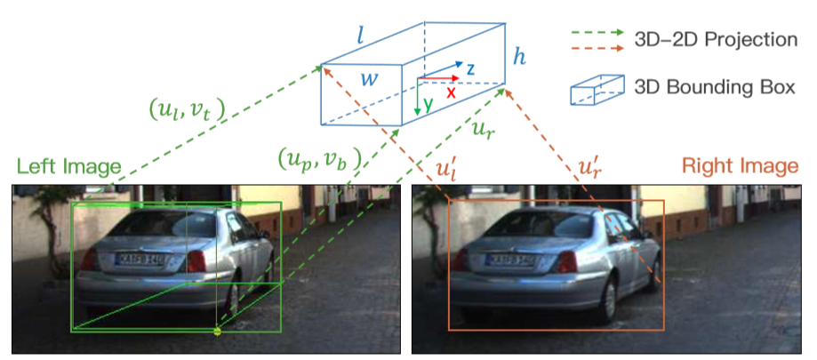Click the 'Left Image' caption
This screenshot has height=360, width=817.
pyautogui.click(x=69, y=165)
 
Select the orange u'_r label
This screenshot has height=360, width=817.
pyautogui.click(x=589, y=166)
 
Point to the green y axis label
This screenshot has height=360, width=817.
pyautogui.click(x=429, y=105)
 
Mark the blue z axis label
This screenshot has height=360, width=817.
pyautogui.click(x=471, y=67)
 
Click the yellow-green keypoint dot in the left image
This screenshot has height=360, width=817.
pyautogui.click(x=217, y=331)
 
